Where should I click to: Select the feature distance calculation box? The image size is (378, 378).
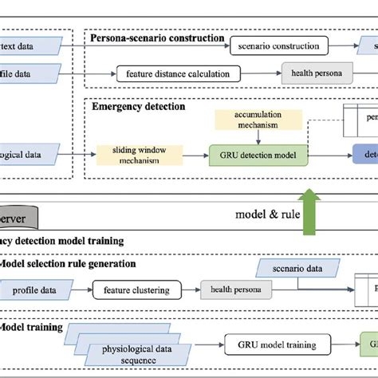pyautogui.click(x=178, y=74)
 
